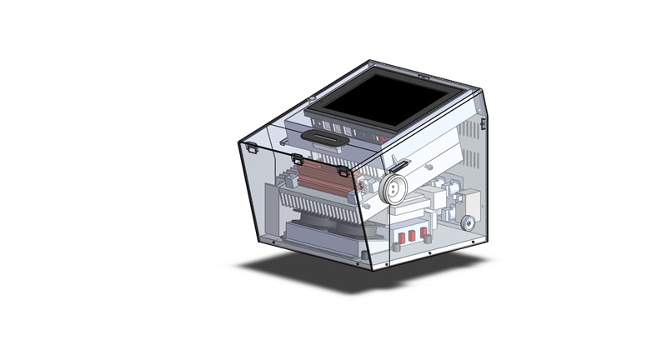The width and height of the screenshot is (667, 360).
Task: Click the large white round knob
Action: (393, 190)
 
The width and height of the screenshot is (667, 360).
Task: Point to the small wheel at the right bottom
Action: (469, 223)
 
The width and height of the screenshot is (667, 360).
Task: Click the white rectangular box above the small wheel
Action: (469, 202)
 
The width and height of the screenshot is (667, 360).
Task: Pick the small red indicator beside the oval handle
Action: (384, 137)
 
